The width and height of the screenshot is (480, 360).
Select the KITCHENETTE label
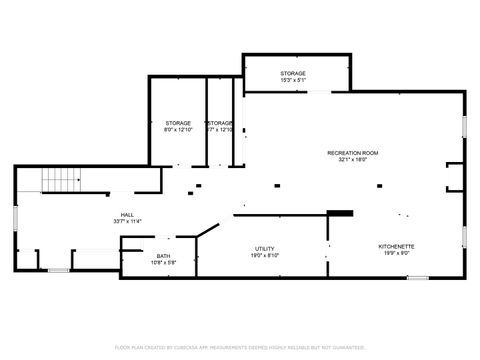396,246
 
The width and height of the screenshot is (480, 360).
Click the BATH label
162,256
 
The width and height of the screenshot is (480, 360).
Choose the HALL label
127,214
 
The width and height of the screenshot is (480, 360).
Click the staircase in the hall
60,181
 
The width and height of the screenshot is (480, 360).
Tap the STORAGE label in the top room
292,73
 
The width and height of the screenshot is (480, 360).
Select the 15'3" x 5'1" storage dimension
292,80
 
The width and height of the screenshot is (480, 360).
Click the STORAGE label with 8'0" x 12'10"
178,123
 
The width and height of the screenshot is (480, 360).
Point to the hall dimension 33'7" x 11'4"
127,221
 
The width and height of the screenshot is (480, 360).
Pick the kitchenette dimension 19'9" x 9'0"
396,253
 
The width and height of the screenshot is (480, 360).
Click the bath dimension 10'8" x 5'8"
162,263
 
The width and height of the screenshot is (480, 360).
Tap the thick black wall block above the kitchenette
341,212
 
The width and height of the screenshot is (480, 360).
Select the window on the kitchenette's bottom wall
418,277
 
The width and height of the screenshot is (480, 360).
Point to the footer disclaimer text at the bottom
240,347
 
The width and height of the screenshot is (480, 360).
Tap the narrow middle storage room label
219,123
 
